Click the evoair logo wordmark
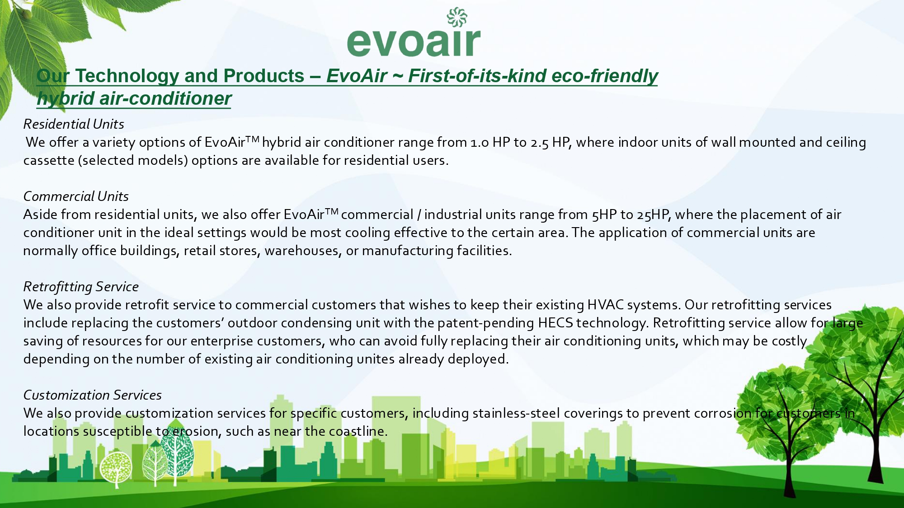click(x=414, y=42)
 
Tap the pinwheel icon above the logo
click(x=457, y=17)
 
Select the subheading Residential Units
click(x=74, y=124)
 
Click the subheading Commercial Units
click(x=76, y=196)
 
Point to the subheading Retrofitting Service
click(x=81, y=287)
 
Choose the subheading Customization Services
click(x=92, y=395)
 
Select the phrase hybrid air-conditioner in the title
click(x=134, y=98)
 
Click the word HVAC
click(x=605, y=305)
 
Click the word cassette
click(x=49, y=161)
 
